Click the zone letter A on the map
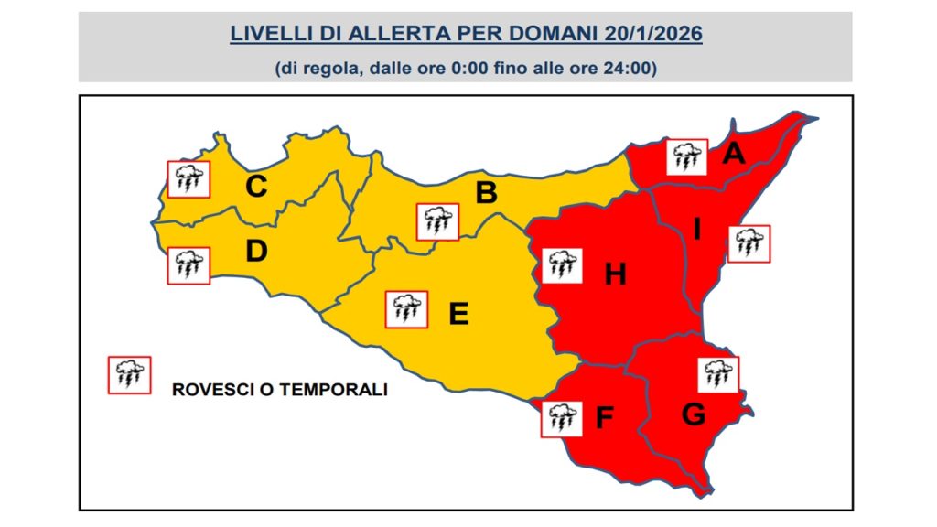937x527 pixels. (733, 155)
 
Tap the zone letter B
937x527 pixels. (486, 193)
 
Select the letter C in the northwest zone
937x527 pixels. (257, 187)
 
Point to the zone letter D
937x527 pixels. (256, 251)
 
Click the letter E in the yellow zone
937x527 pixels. (458, 314)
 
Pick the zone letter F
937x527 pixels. (604, 418)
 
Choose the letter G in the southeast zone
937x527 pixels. (694, 414)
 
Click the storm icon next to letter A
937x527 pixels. (686, 157)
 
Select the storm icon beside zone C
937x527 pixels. (188, 179)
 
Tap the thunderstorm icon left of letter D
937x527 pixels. (188, 265)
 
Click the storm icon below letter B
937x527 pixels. (437, 221)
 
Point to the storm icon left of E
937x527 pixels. (405, 309)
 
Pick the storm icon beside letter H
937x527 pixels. (561, 266)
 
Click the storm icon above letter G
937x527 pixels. (719, 374)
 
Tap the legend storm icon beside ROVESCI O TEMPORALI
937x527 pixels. (129, 374)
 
